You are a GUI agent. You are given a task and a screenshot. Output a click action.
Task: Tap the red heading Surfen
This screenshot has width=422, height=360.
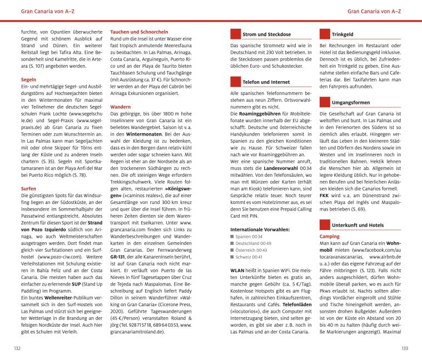pyautogui.click(x=28, y=188)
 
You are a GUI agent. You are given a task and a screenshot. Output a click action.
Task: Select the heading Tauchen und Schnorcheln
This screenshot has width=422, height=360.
pyautogui.click(x=139, y=32)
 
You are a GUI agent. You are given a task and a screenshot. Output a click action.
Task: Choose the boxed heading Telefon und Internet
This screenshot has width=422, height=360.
pyautogui.click(x=266, y=82)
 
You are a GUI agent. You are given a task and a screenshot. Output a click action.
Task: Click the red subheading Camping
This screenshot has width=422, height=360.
pyautogui.click(x=330, y=236)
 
